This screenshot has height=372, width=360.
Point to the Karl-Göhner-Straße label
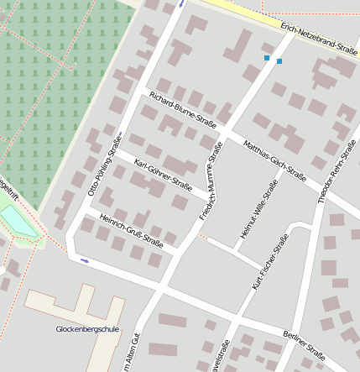[163, 175]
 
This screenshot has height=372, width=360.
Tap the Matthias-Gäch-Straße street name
[274, 160]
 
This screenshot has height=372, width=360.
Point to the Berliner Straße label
[303, 344]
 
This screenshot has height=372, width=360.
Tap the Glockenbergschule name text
[88, 328]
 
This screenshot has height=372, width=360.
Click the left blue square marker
[267, 58]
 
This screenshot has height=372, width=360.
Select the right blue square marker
[279, 61]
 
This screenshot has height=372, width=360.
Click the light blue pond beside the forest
[17, 221]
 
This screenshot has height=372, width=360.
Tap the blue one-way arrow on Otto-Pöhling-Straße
[84, 260]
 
